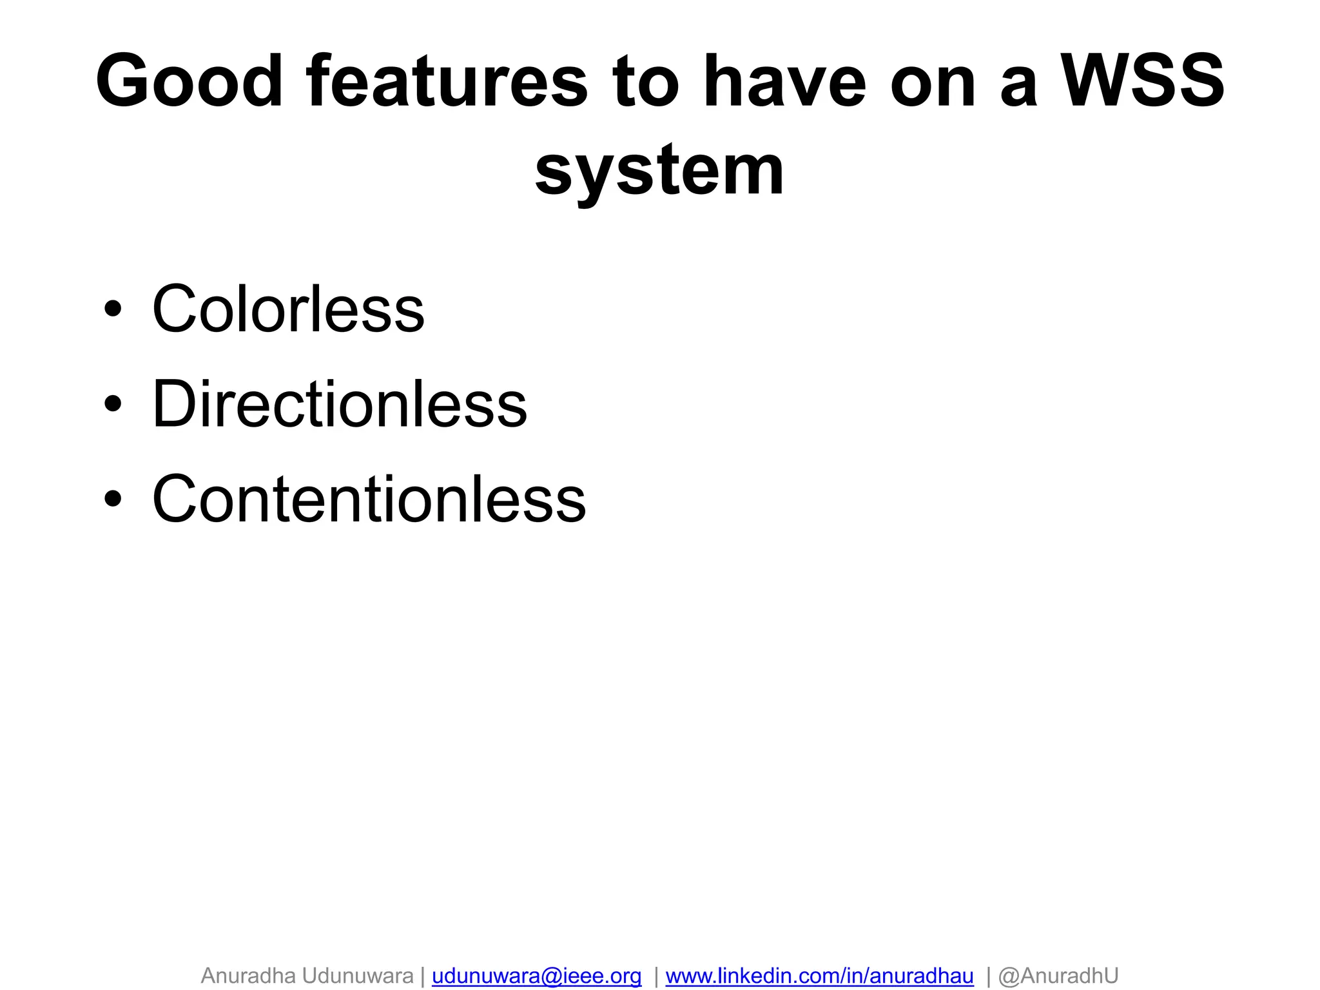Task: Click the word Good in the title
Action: click(x=189, y=81)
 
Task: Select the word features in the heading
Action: click(x=447, y=81)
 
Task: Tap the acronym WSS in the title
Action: click(x=1143, y=81)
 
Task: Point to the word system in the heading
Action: click(x=659, y=171)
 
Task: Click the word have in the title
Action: click(x=784, y=81)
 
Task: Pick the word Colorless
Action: click(x=288, y=309)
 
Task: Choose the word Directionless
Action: click(x=340, y=404)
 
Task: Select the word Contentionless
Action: click(x=369, y=499)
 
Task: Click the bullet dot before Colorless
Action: click(x=113, y=309)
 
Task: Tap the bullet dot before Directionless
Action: click(x=113, y=404)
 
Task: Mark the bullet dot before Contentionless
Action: click(x=113, y=499)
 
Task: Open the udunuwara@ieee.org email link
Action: click(x=536, y=975)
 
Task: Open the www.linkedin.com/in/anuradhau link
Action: click(x=819, y=975)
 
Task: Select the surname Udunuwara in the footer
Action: click(x=358, y=975)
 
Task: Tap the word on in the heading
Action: click(x=933, y=81)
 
